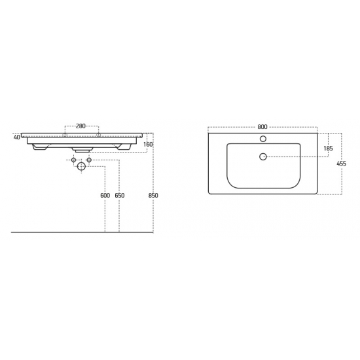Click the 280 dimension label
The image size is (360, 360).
click(x=81, y=126)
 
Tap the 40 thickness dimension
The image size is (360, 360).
click(x=17, y=137)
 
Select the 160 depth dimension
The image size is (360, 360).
click(x=148, y=145)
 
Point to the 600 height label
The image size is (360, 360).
click(x=105, y=196)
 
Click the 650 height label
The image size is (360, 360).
click(x=120, y=196)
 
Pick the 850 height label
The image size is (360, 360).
click(x=153, y=196)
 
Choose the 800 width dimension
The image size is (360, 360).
click(x=262, y=127)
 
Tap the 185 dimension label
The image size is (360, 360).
click(x=328, y=149)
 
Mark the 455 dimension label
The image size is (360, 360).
click(x=342, y=164)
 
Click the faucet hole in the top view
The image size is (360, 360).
click(x=263, y=139)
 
